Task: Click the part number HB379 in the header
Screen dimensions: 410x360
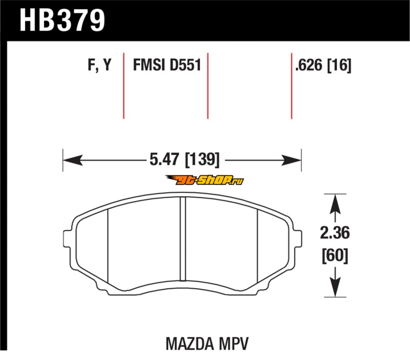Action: click(62, 20)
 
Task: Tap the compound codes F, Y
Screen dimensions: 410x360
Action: click(99, 65)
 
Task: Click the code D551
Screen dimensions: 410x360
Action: click(186, 65)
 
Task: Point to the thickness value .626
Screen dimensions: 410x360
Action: click(309, 65)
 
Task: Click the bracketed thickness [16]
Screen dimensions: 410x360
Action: click(339, 65)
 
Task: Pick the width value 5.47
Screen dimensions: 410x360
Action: click(165, 159)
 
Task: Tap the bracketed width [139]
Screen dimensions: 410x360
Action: click(202, 159)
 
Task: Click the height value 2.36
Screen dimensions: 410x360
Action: click(335, 233)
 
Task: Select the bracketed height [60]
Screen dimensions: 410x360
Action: click(335, 255)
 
